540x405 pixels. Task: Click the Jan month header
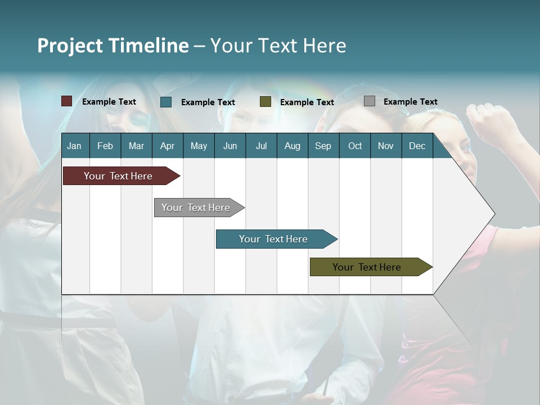click(74, 146)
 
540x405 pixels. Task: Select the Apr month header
click(167, 146)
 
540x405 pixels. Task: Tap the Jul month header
click(261, 146)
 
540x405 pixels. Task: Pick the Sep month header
click(323, 146)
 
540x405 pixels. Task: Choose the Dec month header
click(417, 146)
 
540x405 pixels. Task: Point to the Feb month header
click(105, 146)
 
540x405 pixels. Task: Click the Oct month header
click(355, 146)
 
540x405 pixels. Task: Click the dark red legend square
click(67, 101)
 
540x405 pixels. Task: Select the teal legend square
click(166, 102)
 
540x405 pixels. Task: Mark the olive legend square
click(265, 102)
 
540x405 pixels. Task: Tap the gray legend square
click(370, 101)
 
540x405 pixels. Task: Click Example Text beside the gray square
click(410, 102)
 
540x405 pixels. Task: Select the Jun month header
click(230, 146)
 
